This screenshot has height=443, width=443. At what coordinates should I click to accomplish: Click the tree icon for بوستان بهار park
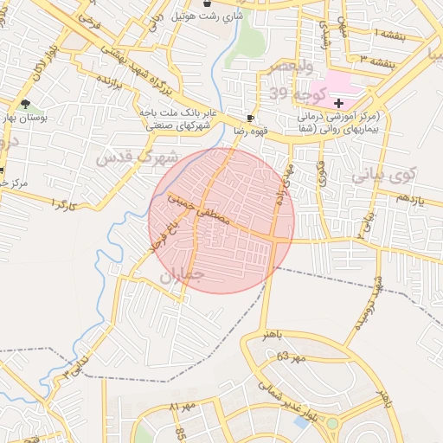point(25,104)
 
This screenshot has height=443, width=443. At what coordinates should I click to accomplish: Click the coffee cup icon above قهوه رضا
point(250,117)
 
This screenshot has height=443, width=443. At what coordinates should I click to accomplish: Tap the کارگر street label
point(64,204)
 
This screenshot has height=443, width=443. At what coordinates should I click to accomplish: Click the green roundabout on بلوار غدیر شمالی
point(332,423)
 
